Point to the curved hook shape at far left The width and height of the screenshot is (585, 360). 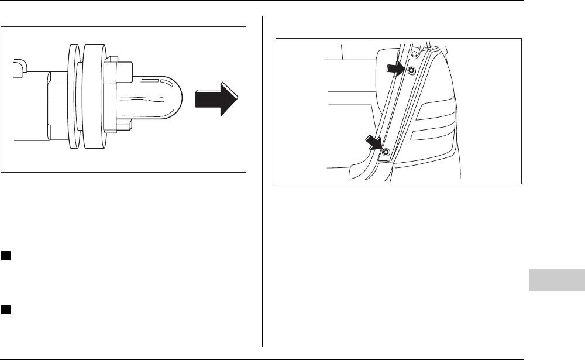coord(20,67)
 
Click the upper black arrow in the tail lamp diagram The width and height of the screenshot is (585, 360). coord(396,69)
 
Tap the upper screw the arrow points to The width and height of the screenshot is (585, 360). coord(411,71)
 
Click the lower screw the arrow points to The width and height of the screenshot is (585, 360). coord(386,153)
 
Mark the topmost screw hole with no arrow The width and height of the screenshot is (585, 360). coord(414,53)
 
